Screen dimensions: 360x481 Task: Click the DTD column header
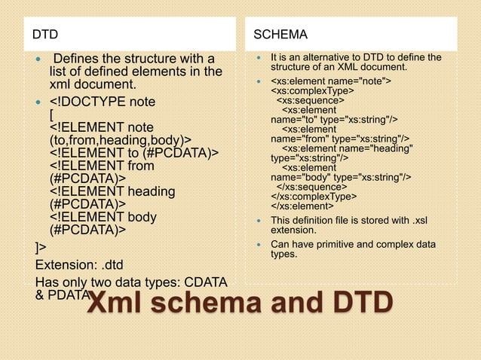pos(44,35)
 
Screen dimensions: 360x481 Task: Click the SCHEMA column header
pos(280,35)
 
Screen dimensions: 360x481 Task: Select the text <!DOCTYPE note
pos(102,102)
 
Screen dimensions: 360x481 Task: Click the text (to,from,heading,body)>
pos(120,140)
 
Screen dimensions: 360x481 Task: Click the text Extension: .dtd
pos(84,264)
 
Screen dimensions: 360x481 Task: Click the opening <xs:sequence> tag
pos(310,100)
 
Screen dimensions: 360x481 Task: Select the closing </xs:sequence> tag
pos(311,186)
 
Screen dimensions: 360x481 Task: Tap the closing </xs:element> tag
pos(302,206)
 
